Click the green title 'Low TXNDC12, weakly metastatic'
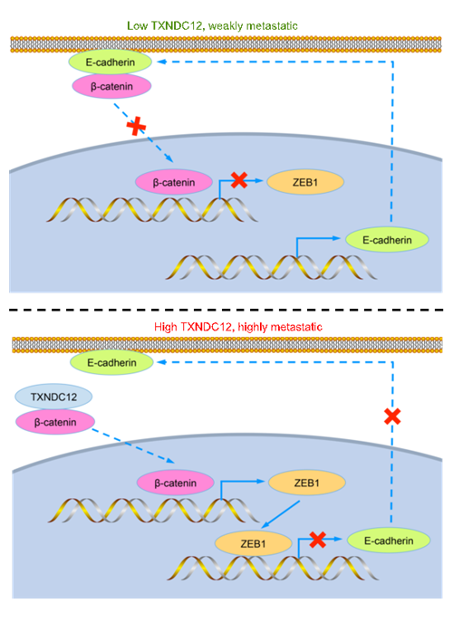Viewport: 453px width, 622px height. click(x=212, y=26)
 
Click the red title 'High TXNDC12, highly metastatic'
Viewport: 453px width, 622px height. click(x=238, y=327)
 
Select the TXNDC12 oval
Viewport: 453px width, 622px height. click(x=53, y=397)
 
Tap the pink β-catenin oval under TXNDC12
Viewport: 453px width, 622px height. click(x=55, y=422)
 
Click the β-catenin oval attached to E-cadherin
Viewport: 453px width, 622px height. click(x=111, y=86)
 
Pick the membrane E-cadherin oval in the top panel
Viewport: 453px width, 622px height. click(x=111, y=62)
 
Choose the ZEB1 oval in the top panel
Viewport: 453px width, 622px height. click(x=305, y=183)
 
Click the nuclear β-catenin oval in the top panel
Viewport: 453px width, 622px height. click(x=174, y=183)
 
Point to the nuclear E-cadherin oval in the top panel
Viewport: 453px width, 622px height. click(x=387, y=240)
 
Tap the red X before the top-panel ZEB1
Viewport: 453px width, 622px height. click(x=239, y=180)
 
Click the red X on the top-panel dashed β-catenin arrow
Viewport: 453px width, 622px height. click(x=136, y=127)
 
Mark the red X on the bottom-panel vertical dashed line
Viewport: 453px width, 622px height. click(x=392, y=416)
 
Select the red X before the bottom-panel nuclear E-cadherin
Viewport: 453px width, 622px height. click(x=318, y=540)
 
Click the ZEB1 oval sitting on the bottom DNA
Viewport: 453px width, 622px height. click(x=254, y=543)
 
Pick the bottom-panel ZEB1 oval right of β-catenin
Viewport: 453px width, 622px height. click(x=307, y=483)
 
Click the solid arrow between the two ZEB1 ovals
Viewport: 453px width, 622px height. click(x=281, y=514)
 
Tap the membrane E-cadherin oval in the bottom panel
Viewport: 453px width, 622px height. click(x=111, y=362)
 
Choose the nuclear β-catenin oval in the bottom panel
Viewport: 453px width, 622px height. click(x=176, y=483)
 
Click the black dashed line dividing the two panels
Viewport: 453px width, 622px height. click(x=226, y=309)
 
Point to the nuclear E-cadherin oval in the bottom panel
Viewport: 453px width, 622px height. click(x=389, y=541)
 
